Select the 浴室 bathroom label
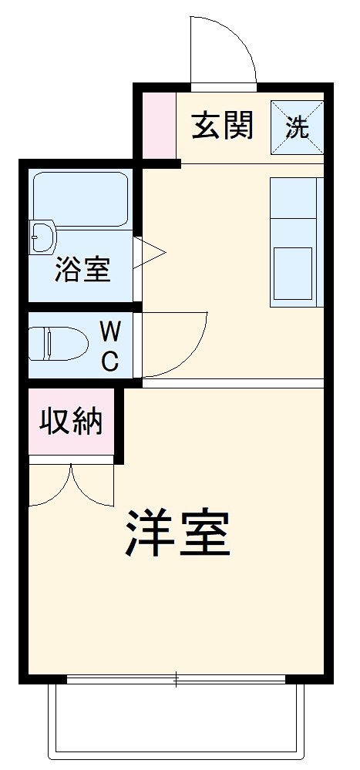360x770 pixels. [82, 270]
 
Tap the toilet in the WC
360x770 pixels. [59, 344]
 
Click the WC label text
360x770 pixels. [110, 347]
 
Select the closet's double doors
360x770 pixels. [71, 486]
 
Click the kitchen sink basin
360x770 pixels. [293, 274]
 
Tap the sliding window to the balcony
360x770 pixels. [177, 680]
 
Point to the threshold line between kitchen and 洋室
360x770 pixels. [231, 383]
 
